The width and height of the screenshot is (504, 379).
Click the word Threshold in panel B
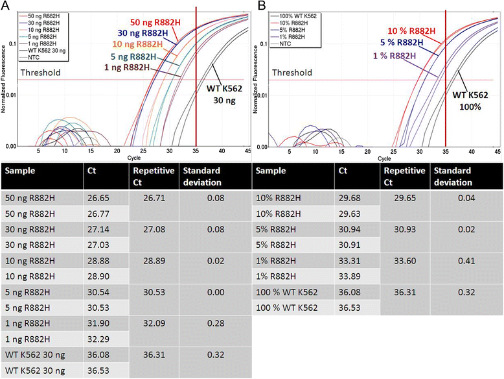click(292, 73)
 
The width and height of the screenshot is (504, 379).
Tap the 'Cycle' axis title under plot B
click(384, 158)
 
